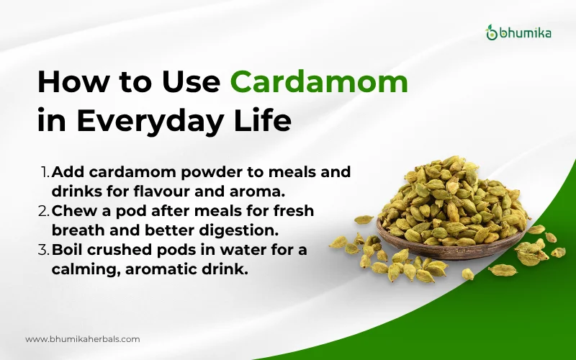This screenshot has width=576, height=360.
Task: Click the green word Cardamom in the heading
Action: coord(319,83)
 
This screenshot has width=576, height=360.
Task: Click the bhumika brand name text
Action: coord(525,32)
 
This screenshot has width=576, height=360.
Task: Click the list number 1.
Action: coord(45,173)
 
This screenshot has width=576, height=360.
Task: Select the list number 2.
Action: coord(45,212)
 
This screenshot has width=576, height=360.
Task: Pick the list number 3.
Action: coord(45,250)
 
